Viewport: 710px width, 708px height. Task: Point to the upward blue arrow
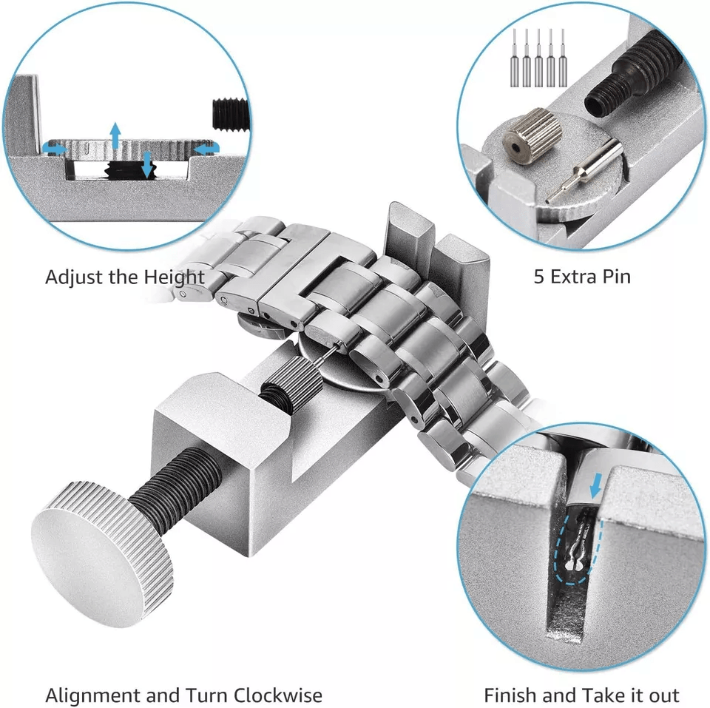(x=116, y=134)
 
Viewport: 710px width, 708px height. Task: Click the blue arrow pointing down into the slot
(x=598, y=486)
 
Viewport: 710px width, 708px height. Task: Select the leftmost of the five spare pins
(x=515, y=58)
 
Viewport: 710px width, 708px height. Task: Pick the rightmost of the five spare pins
(x=563, y=58)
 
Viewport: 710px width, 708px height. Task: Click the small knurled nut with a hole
(x=529, y=135)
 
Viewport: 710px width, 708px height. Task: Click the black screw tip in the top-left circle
(x=231, y=115)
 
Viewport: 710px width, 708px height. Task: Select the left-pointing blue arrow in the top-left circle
(x=206, y=148)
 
